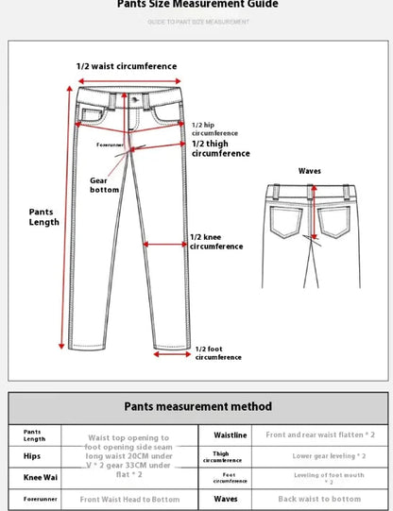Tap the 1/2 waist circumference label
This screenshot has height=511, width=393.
pyautogui.click(x=126, y=66)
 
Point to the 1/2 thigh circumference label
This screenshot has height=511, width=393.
pyautogui.click(x=221, y=148)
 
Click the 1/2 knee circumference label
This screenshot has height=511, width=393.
pyautogui.click(x=218, y=241)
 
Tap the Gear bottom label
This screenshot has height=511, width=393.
pyautogui.click(x=104, y=184)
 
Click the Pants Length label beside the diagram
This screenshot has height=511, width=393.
pyautogui.click(x=43, y=217)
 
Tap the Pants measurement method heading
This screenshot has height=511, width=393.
pyautogui.click(x=197, y=406)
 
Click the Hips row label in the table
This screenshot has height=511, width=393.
pyautogui.click(x=33, y=455)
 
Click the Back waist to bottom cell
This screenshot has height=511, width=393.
pyautogui.click(x=319, y=499)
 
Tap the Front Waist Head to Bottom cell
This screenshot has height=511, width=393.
pyautogui.click(x=129, y=499)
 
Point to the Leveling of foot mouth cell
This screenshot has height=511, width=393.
pyautogui.click(x=319, y=477)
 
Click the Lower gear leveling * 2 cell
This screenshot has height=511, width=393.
pyautogui.click(x=319, y=455)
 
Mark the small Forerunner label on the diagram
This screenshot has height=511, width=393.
pyautogui.click(x=111, y=145)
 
